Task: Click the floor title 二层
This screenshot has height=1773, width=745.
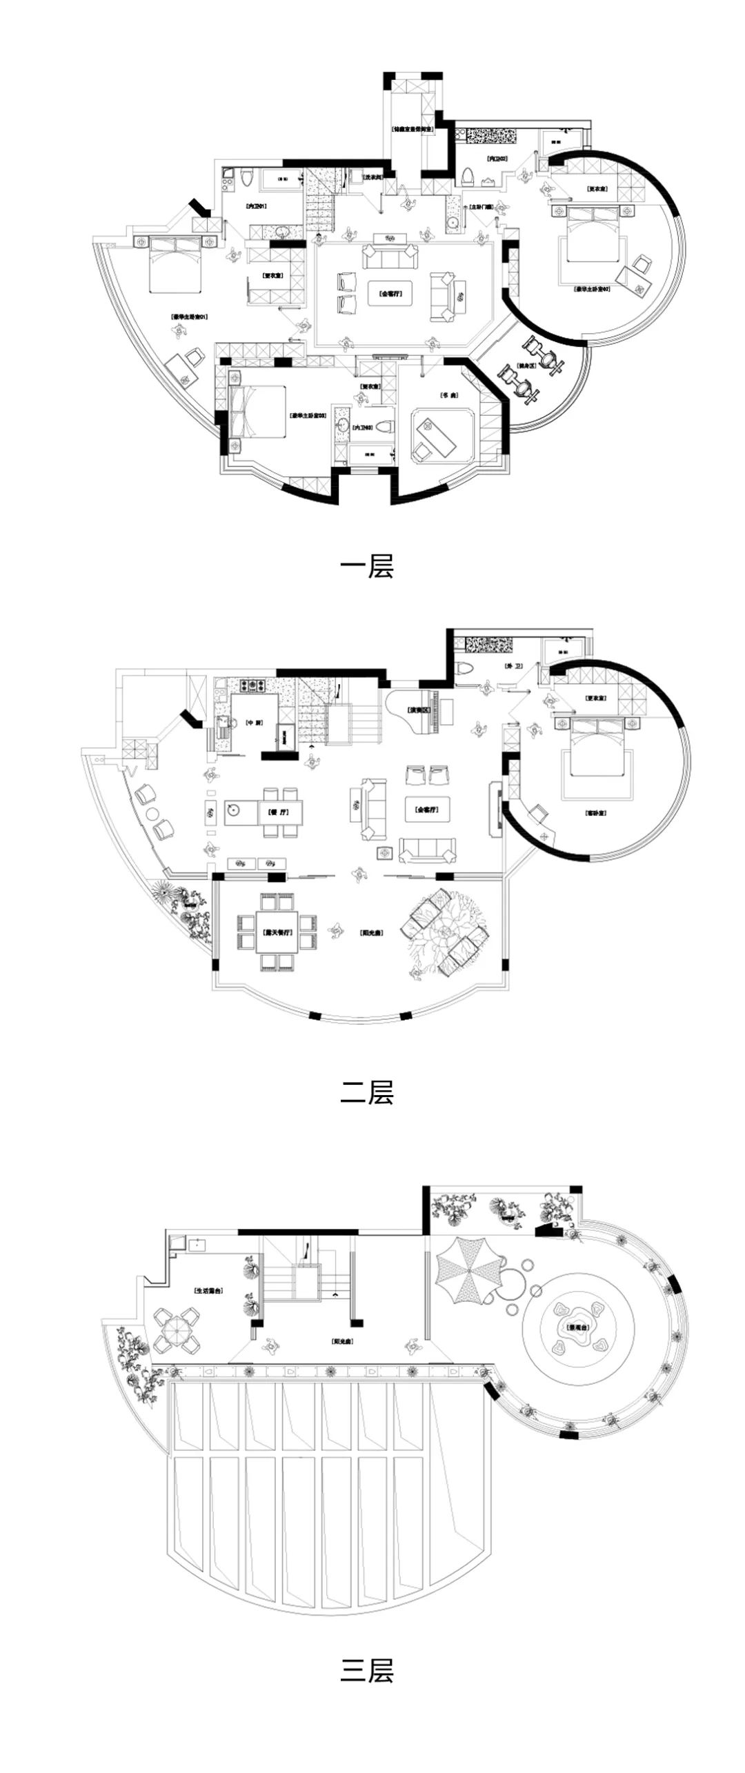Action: click(366, 1092)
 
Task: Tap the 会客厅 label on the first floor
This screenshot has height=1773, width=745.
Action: click(390, 293)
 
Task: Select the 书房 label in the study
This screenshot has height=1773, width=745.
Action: click(449, 395)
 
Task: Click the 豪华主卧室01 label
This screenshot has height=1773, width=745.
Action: click(189, 317)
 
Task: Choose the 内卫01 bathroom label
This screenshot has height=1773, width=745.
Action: click(256, 206)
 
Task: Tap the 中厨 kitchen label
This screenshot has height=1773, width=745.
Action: click(255, 723)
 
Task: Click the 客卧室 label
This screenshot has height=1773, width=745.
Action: click(595, 814)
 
